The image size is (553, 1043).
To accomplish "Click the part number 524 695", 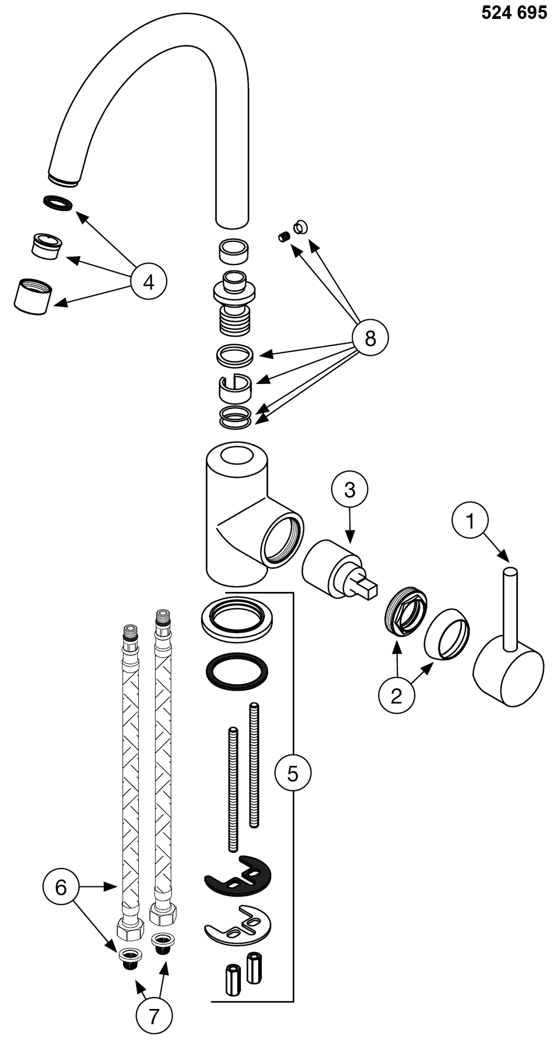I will click(x=514, y=12).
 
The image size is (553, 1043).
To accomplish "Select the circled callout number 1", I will click(x=470, y=521).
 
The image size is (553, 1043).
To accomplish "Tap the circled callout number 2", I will click(x=396, y=696).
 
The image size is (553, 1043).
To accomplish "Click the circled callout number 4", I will click(x=149, y=281).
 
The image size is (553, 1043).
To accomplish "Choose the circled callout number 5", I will click(x=293, y=773).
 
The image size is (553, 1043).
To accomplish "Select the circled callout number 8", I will click(x=370, y=339).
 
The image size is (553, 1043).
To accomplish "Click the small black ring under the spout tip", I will click(x=57, y=203).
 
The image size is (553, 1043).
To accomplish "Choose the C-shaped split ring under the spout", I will click(x=235, y=387).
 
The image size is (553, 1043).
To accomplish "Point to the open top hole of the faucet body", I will click(x=238, y=455).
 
